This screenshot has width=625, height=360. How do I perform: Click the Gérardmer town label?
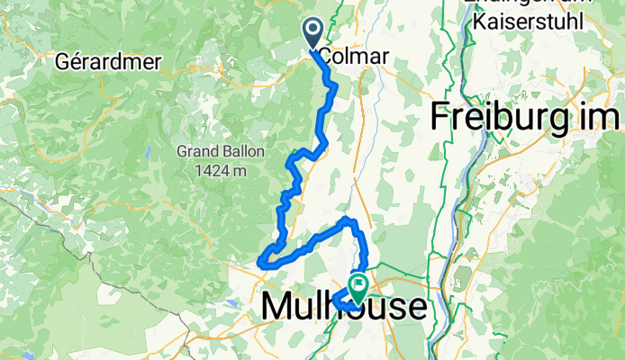(x=107, y=62)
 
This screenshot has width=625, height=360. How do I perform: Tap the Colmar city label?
(x=354, y=57)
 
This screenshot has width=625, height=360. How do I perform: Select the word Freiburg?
(x=509, y=117)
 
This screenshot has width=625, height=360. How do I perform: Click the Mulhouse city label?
(x=344, y=307)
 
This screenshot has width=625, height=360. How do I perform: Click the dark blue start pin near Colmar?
(x=313, y=34)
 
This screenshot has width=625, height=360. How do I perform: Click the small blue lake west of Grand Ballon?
(x=147, y=150)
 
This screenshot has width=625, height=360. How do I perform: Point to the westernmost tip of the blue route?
(x=259, y=262)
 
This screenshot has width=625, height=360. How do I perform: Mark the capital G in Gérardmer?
(x=62, y=62)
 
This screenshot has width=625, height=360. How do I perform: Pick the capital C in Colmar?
(x=326, y=57)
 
